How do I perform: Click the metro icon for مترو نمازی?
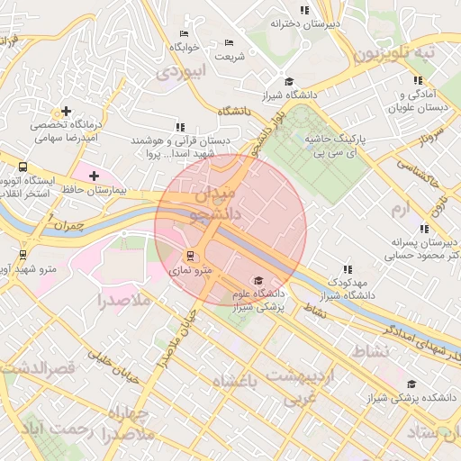[189, 256]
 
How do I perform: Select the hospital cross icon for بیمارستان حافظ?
[95, 175]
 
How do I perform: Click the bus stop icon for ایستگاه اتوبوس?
[23, 167]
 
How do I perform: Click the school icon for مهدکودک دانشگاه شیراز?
[347, 268]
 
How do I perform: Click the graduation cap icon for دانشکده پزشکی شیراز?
[411, 384]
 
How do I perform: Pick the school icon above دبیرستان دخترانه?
[304, 10]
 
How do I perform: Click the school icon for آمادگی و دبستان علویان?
[404, 80]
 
